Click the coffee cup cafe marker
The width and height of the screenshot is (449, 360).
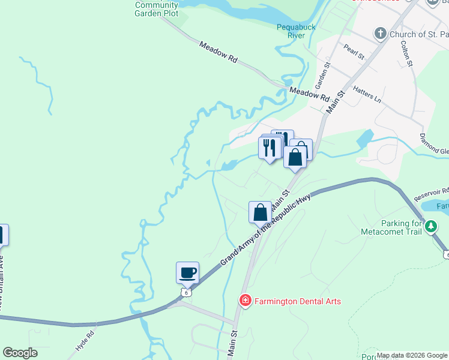point(187,272)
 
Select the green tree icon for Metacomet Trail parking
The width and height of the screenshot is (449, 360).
point(432,227)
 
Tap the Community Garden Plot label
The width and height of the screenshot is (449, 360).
point(157,9)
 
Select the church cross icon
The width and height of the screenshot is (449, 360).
point(380,34)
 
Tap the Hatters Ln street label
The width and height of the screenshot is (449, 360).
point(367,92)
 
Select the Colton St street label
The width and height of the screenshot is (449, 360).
point(408,54)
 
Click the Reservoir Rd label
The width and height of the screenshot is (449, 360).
point(431,193)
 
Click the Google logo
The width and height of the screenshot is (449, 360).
point(20,353)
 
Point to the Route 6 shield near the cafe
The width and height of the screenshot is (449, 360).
point(187,292)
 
